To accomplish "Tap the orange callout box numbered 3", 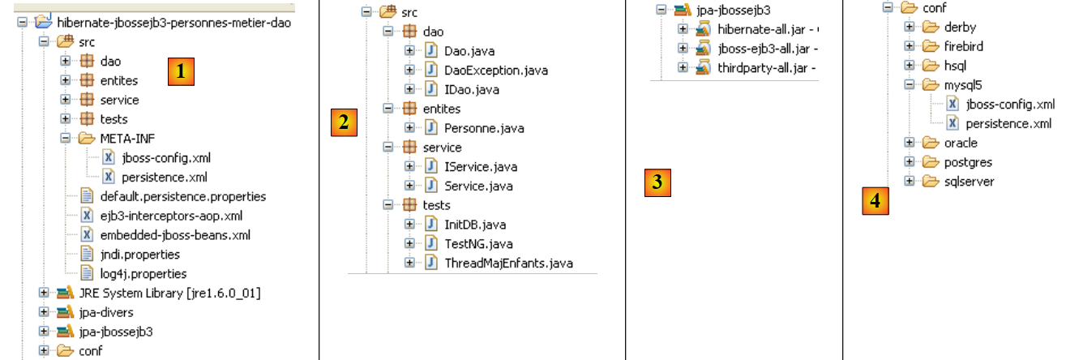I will tap(658, 182).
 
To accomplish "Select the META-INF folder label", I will tap(127, 139).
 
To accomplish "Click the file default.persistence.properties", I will tap(182, 196).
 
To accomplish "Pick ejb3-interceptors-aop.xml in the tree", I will tap(171, 216).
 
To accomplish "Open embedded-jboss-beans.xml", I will tap(175, 235).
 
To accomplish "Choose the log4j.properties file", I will tap(143, 274).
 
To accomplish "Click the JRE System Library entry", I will tap(169, 293).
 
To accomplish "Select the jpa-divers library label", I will tap(106, 312).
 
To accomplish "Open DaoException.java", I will tap(495, 70).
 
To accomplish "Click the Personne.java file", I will tap(484, 128).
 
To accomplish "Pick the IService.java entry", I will tap(480, 167).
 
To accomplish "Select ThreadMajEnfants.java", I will tap(508, 263).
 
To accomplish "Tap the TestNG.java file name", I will tap(478, 243).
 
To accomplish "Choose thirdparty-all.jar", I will tap(761, 67).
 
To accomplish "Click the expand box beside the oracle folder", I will tap(910, 144).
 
